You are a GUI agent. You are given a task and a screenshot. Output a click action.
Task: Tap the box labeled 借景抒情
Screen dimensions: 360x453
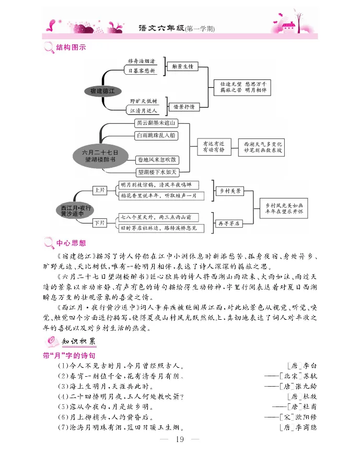184,107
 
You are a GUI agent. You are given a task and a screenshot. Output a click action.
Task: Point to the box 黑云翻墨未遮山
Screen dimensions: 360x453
156,123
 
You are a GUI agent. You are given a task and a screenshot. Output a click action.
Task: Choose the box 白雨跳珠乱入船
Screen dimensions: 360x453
156,135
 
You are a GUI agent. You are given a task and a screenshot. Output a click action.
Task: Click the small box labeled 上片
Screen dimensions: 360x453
99,190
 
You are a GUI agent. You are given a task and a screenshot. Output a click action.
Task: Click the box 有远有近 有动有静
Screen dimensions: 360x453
214,146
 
